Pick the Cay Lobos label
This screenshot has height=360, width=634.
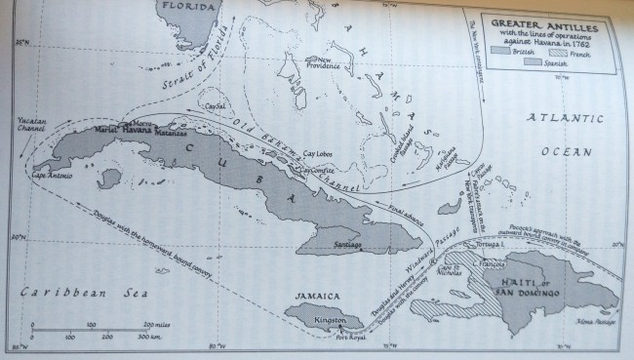tap(319, 155)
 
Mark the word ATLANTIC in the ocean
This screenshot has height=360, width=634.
tap(554, 119)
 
